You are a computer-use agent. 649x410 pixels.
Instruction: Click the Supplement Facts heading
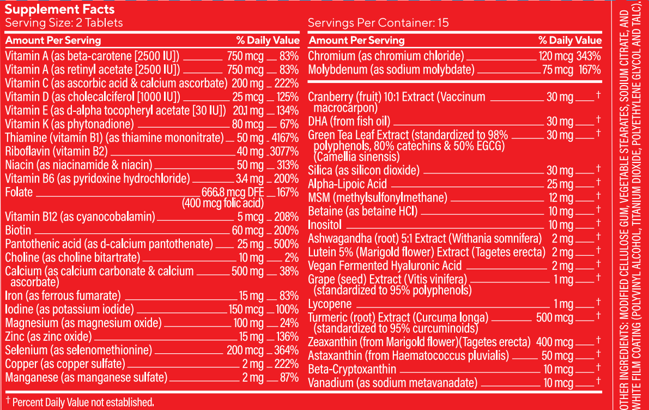(59, 9)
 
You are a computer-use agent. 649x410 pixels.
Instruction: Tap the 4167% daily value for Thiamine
(284, 138)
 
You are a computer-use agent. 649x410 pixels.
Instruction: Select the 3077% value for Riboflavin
(284, 152)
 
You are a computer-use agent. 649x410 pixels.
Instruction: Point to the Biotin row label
(18, 230)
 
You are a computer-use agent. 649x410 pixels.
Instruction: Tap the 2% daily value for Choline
(292, 257)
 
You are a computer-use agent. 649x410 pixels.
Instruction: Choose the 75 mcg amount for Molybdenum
(557, 70)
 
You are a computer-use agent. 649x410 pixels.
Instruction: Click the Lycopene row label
(330, 304)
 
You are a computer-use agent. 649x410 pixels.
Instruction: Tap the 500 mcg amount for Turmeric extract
(555, 317)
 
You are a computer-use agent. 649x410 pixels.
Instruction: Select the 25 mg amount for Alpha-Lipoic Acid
(560, 184)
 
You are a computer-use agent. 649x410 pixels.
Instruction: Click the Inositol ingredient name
(324, 225)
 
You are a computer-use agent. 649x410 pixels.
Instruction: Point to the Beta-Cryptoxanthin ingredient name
(352, 369)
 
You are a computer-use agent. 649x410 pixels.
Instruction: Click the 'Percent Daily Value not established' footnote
(80, 402)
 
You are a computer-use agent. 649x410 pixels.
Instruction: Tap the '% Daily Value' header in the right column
(570, 40)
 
